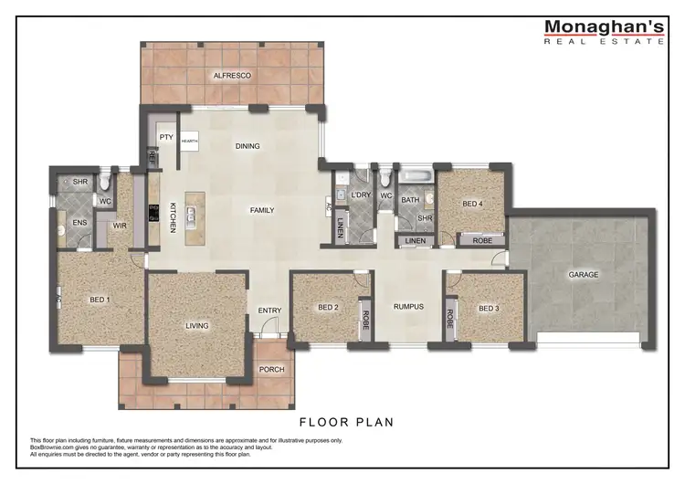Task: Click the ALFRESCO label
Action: click(x=232, y=76)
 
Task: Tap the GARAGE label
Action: click(x=584, y=274)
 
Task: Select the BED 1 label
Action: click(x=100, y=300)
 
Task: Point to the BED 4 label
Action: click(x=472, y=204)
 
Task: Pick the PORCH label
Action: click(x=272, y=370)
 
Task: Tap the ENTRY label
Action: click(x=270, y=310)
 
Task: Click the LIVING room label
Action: click(x=197, y=326)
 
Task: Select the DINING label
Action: click(x=248, y=146)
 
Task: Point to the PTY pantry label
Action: click(x=165, y=137)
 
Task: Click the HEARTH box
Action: click(x=189, y=142)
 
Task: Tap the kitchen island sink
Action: click(x=194, y=216)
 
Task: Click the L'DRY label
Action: click(x=360, y=195)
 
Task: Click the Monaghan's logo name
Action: click(x=604, y=27)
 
